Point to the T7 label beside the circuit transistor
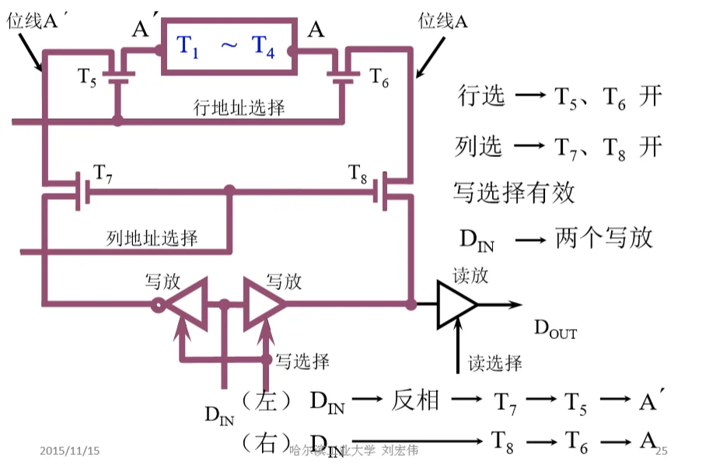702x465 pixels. coord(103,172)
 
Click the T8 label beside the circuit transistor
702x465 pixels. coord(358,172)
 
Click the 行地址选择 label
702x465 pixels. coord(239,107)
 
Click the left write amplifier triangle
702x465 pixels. coord(185,304)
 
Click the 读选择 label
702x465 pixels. coord(495,362)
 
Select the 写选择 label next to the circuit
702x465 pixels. coord(303,361)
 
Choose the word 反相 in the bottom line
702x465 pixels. coord(416,400)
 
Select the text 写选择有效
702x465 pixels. coord(514,191)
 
